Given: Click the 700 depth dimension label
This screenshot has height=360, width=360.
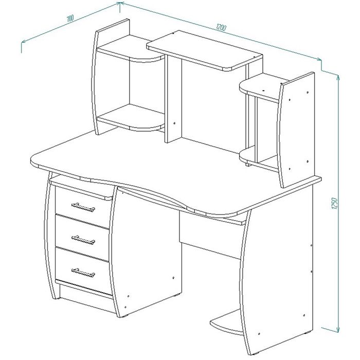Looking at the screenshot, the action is click(x=70, y=19).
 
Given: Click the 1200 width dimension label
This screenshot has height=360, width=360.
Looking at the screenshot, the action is click(x=221, y=27).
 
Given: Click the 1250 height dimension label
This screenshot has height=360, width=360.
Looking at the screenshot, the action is click(x=334, y=203).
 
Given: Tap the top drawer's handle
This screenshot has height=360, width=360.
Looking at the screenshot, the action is click(x=83, y=207).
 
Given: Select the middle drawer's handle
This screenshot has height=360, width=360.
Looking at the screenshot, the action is click(x=83, y=240).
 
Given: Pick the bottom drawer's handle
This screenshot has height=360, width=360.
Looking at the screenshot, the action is click(x=83, y=273).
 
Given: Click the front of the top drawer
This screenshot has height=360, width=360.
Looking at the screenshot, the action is click(x=82, y=207).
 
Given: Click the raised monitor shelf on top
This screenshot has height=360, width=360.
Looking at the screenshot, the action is click(x=204, y=50).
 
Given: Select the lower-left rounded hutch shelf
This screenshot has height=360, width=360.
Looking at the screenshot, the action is click(x=131, y=118).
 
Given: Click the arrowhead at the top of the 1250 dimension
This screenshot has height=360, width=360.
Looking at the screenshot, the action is click(x=338, y=78).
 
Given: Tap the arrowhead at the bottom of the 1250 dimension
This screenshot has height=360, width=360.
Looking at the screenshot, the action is click(x=338, y=329).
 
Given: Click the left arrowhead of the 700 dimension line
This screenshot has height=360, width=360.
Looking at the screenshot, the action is click(x=24, y=42).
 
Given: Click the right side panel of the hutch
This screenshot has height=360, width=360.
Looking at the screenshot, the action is click(x=296, y=130).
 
